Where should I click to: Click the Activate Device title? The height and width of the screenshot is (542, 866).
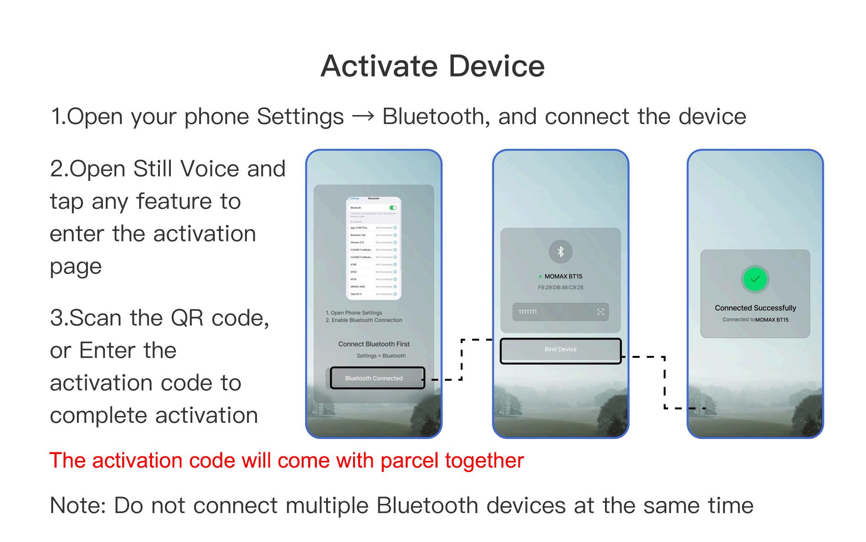432,66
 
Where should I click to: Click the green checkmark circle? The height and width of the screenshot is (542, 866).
755,279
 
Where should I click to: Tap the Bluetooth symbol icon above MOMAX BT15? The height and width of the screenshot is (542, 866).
560,252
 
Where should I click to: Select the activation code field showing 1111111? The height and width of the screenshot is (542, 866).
554,312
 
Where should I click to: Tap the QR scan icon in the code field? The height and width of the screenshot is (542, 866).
600,312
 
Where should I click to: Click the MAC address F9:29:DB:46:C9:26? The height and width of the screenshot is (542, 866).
560,288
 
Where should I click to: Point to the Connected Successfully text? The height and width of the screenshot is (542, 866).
755,308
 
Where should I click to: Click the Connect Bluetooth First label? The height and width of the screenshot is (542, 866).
374,344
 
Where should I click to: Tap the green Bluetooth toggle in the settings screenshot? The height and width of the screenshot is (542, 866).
393,208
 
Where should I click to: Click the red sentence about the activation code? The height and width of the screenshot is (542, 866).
286,460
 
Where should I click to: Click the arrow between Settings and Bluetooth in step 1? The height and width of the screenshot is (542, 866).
363,117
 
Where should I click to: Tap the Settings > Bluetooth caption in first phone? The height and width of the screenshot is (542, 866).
381,356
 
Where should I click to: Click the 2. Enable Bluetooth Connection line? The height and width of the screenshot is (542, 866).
364,320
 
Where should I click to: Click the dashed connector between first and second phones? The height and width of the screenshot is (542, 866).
462,360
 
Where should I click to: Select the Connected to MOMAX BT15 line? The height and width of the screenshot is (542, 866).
755,320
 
